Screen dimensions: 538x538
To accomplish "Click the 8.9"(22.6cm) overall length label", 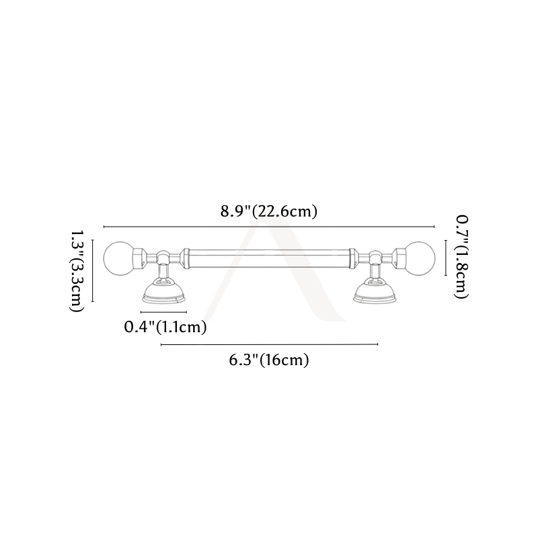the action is [268, 211].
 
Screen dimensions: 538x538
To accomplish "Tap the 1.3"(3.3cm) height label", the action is [77, 271].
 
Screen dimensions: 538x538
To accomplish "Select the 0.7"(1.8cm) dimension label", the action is [462, 257].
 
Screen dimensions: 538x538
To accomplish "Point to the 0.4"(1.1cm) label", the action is [165, 327].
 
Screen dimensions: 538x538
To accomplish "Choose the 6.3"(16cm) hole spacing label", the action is [269, 360].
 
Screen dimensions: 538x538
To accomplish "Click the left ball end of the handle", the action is [118, 258].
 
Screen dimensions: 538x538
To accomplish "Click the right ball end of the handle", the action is [420, 258].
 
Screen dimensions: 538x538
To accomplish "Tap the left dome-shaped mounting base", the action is [164, 291].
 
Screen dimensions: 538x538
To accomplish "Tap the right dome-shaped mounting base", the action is [375, 291].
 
